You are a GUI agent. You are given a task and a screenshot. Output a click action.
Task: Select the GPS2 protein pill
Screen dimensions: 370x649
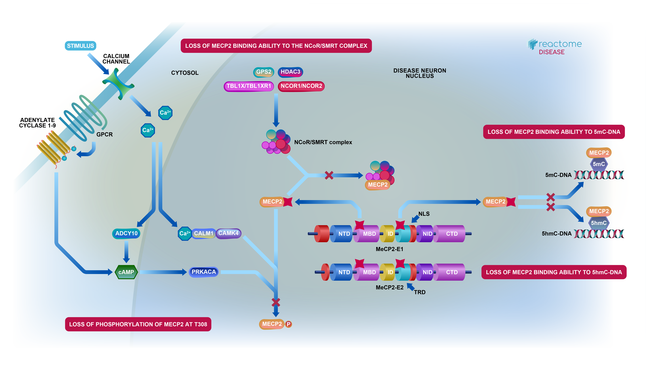click(264, 72)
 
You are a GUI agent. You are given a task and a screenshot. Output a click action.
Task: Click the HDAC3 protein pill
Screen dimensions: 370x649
click(290, 72)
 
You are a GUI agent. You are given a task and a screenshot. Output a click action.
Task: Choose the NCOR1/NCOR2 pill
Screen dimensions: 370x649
click(301, 86)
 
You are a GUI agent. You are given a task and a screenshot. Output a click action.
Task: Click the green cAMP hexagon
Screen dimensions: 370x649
click(126, 272)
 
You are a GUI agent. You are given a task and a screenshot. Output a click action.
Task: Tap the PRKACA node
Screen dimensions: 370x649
click(204, 272)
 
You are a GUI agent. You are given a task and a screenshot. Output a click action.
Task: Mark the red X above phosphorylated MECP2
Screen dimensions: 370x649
click(276, 302)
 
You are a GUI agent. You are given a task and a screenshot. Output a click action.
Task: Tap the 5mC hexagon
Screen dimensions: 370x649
click(599, 164)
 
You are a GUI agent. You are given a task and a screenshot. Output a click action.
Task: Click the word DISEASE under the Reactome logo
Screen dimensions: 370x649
click(552, 52)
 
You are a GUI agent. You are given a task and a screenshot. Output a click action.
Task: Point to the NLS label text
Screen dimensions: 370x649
click(424, 214)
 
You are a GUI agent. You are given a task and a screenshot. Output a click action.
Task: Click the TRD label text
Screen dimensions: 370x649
click(420, 292)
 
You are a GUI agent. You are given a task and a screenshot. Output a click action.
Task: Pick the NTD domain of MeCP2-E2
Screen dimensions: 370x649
click(344, 272)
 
